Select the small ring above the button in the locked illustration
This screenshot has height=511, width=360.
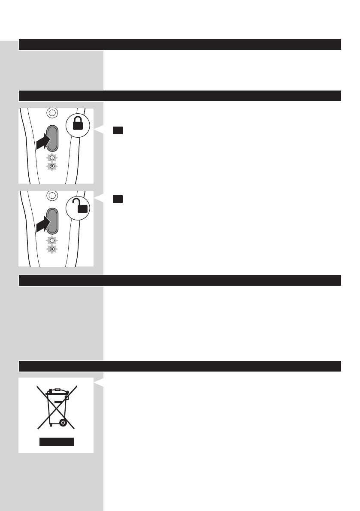click(x=51, y=113)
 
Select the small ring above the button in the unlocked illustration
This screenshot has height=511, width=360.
click(x=51, y=196)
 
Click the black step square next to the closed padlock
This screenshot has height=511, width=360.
click(x=118, y=130)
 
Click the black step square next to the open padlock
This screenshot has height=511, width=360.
click(x=118, y=199)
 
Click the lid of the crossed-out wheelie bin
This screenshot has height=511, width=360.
click(x=57, y=391)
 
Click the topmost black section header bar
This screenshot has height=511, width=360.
click(x=180, y=44)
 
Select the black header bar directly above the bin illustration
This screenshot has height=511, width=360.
click(x=180, y=366)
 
